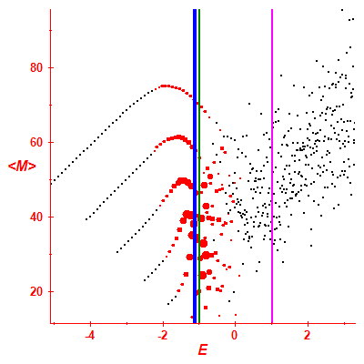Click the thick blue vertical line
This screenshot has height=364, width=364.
pyautogui.click(x=195, y=167)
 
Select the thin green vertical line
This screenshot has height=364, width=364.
pyautogui.click(x=199, y=167)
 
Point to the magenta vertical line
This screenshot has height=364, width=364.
pyautogui.click(x=272, y=167)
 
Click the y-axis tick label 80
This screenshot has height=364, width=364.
pyautogui.click(x=36, y=67)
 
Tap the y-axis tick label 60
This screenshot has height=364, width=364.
pyautogui.click(x=36, y=142)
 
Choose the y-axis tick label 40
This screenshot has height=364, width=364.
pyautogui.click(x=36, y=217)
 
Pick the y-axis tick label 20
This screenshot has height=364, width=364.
pyautogui.click(x=36, y=291)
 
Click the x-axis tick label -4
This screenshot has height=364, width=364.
pyautogui.click(x=90, y=336)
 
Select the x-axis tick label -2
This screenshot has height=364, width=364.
pyautogui.click(x=163, y=336)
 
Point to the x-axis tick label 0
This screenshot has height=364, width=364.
pyautogui.click(x=235, y=336)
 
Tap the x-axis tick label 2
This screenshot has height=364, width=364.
pyautogui.click(x=308, y=336)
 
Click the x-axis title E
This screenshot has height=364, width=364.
pyautogui.click(x=203, y=350)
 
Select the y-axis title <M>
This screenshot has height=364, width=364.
pyautogui.click(x=22, y=167)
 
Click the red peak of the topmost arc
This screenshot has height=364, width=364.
pyautogui.click(x=164, y=86)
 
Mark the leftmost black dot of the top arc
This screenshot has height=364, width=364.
pyautogui.click(x=51, y=184)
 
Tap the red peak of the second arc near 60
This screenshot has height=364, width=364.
pyautogui.click(x=178, y=137)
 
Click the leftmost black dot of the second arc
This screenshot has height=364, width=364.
pyautogui.click(x=86, y=219)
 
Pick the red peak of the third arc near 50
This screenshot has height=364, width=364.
pyautogui.click(x=182, y=181)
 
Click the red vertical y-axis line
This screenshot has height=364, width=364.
pyautogui.click(x=51, y=167)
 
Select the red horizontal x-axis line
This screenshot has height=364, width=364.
pyautogui.click(x=203, y=323)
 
